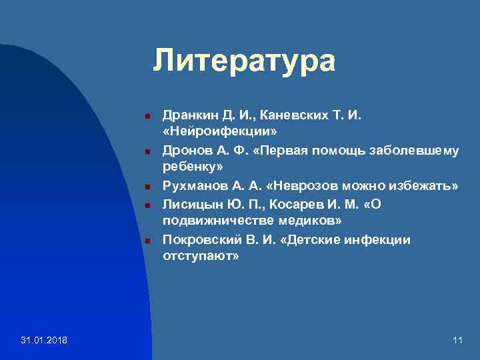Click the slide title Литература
point(244,61)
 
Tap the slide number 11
point(457,341)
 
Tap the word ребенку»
point(193,167)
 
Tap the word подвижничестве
point(209,220)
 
